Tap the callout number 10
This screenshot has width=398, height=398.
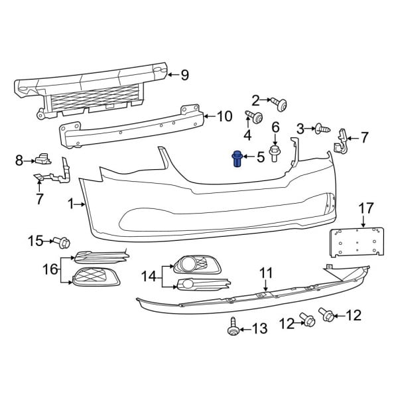tap(224, 117)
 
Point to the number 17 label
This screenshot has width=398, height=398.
tap(366, 208)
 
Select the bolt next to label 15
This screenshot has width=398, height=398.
tap(64, 242)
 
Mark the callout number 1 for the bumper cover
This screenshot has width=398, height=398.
tap(71, 205)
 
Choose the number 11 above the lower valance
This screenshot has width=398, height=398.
tap(265, 273)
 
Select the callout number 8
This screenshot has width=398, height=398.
tap(19, 159)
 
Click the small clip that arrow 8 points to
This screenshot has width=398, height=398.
tap(45, 158)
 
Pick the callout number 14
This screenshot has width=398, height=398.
tap(147, 275)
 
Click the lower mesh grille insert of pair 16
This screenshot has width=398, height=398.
tap(94, 277)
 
